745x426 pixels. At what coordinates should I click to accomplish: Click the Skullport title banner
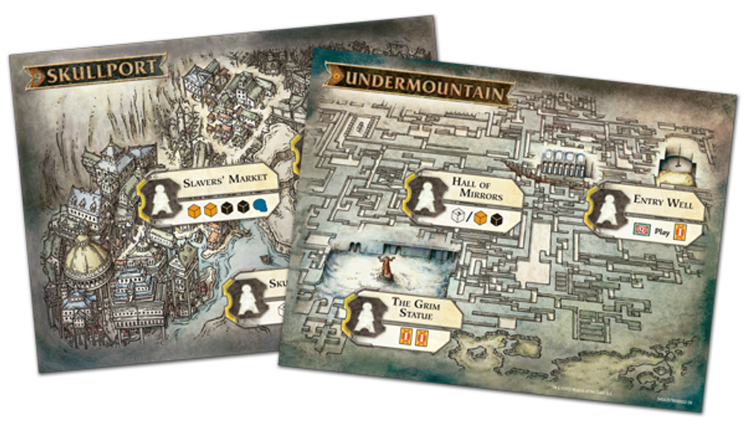[x=95, y=69]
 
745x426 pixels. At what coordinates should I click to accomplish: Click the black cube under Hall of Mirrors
[x=496, y=219]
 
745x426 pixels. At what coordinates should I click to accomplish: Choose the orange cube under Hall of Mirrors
[x=481, y=218]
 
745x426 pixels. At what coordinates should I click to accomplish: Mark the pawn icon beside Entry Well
[x=608, y=210]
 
